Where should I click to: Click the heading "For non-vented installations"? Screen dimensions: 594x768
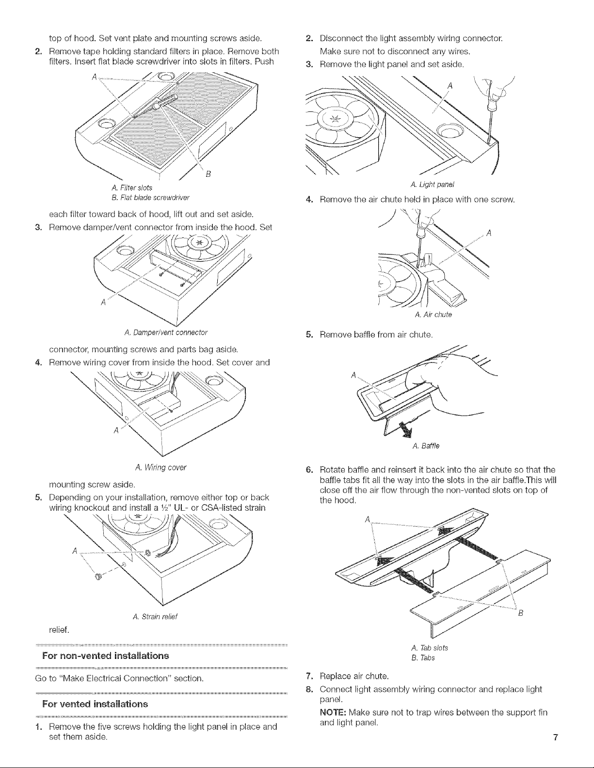tap(105, 656)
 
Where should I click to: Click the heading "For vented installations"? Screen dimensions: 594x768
tap(95, 704)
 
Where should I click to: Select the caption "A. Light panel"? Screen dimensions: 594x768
tap(433, 185)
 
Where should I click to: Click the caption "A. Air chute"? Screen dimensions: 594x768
tap(433, 314)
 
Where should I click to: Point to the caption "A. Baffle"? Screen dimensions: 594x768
tap(426, 446)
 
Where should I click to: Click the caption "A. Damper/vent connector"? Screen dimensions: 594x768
tap(166, 332)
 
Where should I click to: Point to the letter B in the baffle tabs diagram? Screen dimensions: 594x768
tap(520, 613)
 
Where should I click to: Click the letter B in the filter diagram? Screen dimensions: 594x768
tap(208, 174)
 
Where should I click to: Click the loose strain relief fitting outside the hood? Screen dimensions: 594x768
tap(98, 577)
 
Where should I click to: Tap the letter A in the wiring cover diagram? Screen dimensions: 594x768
tap(115, 430)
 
